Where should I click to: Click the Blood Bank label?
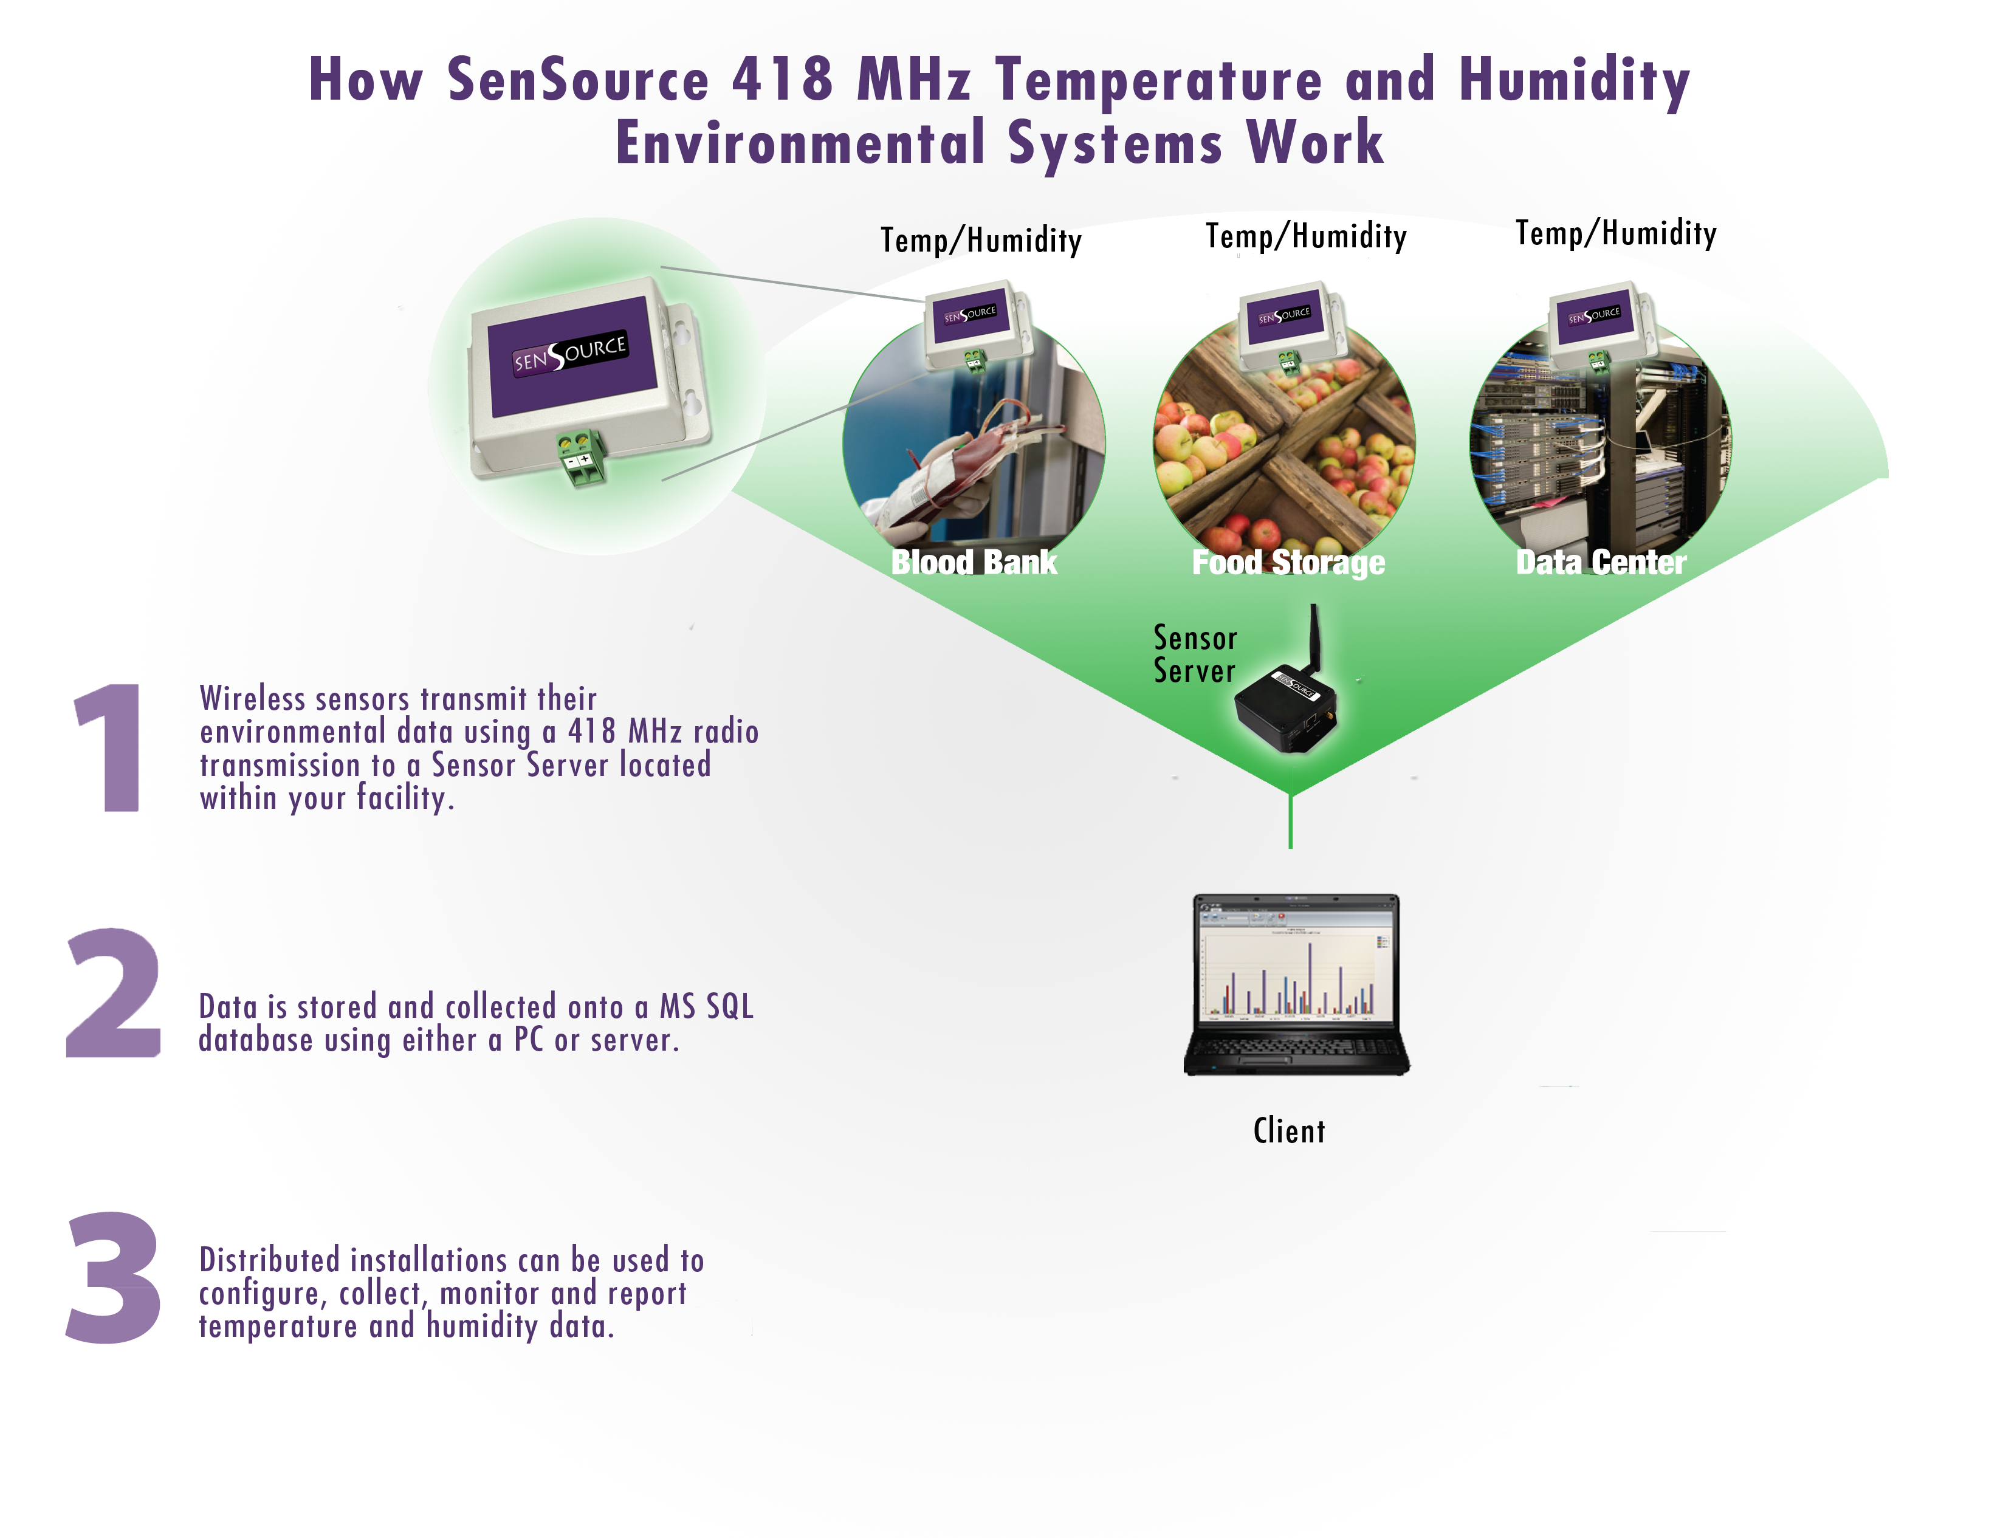coord(974,561)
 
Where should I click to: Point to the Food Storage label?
coord(1288,562)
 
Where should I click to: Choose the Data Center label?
coord(1601,561)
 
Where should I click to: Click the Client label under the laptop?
coord(1289,1131)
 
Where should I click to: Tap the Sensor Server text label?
coord(1195,654)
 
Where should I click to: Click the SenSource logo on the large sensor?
coord(569,352)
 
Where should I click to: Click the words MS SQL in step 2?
coord(707,1006)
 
